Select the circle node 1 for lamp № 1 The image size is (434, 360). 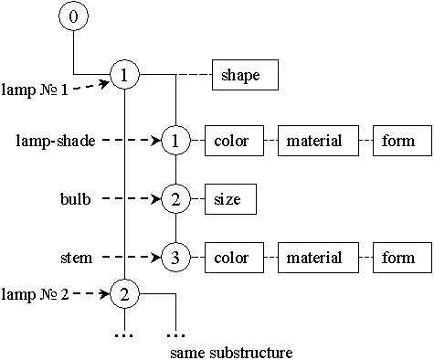(x=123, y=75)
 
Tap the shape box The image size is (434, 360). (x=243, y=76)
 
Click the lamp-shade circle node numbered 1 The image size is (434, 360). (x=175, y=141)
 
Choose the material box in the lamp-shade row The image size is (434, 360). (x=313, y=141)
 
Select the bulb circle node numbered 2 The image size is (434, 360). (x=175, y=198)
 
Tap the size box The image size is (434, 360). (x=228, y=198)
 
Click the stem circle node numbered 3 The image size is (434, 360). (x=175, y=257)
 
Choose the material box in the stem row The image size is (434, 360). (x=313, y=258)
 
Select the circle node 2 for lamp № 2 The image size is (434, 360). (x=123, y=294)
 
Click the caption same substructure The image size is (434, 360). (x=231, y=351)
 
